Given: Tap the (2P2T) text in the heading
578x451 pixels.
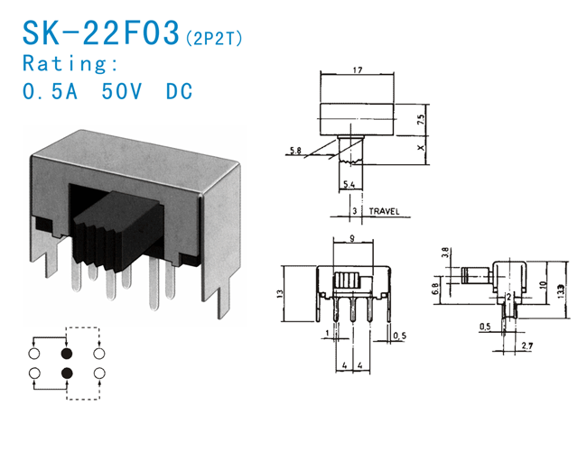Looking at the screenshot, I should tap(215, 38).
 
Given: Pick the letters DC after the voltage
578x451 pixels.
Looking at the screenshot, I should tap(180, 91).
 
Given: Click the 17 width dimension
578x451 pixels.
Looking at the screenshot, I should tap(359, 69).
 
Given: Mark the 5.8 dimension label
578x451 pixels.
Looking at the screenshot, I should tap(296, 151).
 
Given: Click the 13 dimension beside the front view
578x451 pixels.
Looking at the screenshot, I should tap(280, 294).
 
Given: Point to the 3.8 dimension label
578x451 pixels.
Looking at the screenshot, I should tap(444, 253).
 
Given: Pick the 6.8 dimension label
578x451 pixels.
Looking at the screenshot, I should tap(436, 290).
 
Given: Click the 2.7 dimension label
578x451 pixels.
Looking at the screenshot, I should tap(527, 345).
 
